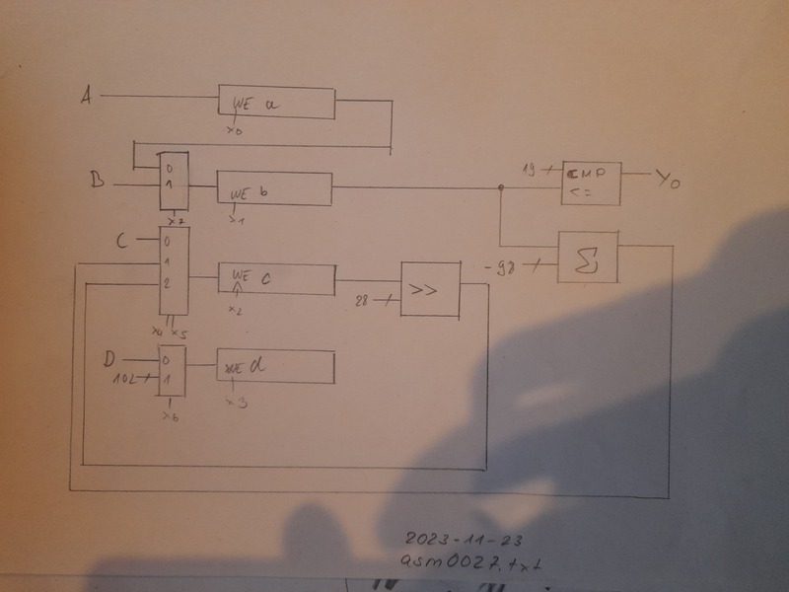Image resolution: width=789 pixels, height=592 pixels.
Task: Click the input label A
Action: (87, 96)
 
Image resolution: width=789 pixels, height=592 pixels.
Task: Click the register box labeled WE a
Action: (275, 104)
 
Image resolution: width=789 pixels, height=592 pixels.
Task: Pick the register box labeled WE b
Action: (275, 188)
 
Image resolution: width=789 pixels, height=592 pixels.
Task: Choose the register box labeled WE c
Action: (275, 280)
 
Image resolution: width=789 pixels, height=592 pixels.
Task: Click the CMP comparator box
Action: (590, 182)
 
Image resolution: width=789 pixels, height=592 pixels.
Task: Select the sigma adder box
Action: (588, 257)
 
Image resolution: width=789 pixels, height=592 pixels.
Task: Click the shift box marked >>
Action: (430, 289)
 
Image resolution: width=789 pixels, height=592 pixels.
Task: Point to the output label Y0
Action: (670, 180)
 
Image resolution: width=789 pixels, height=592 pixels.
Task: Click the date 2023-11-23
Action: (463, 541)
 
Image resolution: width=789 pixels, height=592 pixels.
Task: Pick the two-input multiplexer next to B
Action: (173, 182)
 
